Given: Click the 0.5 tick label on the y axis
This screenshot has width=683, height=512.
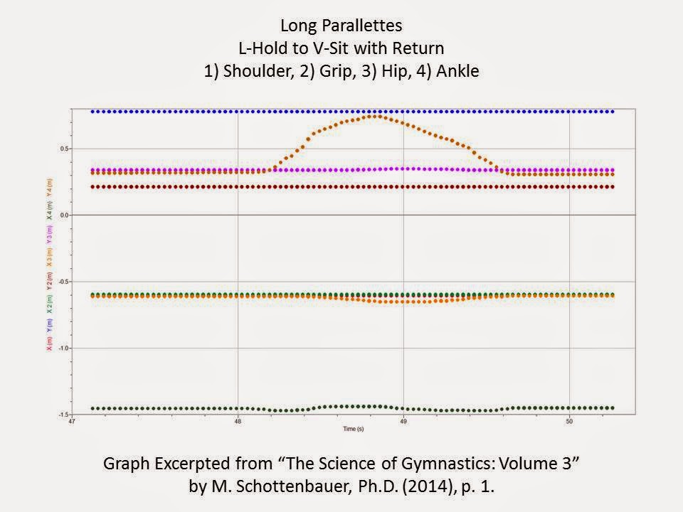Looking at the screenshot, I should coord(63,149).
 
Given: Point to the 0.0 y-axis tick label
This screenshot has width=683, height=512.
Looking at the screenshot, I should coord(63,215).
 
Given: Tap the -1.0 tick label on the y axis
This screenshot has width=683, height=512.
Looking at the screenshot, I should coord(62,348).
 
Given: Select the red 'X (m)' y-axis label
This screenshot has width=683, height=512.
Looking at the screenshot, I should coord(48,343).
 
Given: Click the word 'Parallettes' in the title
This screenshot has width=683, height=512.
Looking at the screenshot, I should coord(367,26).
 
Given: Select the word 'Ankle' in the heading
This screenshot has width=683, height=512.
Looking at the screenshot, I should coord(457,74).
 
